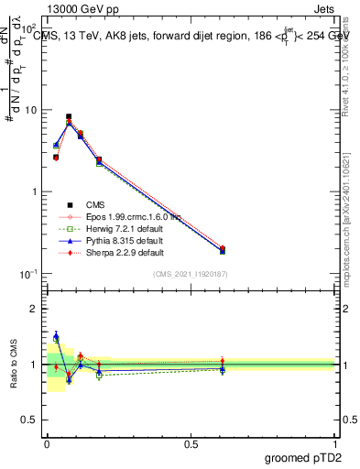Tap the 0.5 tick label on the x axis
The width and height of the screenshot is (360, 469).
point(191,442)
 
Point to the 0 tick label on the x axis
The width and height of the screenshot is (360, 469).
point(47,442)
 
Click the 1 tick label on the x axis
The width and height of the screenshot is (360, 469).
point(334,442)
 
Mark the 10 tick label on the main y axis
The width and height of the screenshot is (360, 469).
point(32,110)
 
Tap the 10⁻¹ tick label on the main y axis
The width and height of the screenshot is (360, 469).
point(30,274)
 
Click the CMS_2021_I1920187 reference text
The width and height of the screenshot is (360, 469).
point(191,274)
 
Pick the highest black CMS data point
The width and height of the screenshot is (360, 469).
point(69,117)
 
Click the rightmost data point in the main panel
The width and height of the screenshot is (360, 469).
point(223,249)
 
